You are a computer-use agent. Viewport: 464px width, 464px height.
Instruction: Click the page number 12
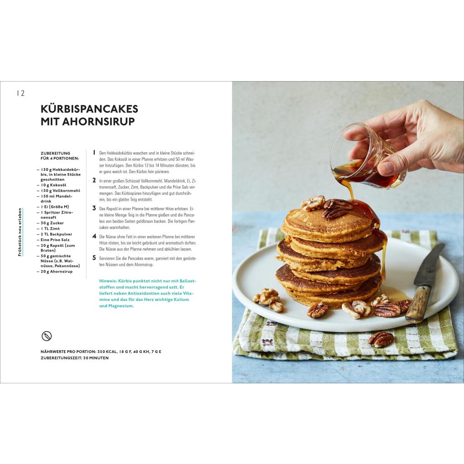(x=21, y=93)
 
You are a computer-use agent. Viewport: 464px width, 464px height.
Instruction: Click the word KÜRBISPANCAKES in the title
(x=89, y=109)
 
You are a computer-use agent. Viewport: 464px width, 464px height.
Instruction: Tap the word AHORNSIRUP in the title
(x=98, y=121)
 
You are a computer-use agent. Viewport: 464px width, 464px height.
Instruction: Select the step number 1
(x=94, y=152)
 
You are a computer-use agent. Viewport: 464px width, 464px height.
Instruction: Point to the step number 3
(x=94, y=208)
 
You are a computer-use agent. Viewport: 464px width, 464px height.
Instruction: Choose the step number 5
(x=94, y=258)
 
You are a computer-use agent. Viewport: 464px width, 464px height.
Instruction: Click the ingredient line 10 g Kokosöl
(x=53, y=185)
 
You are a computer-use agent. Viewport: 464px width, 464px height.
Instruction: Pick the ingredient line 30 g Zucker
(x=52, y=223)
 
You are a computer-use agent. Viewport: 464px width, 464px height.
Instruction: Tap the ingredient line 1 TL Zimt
(x=50, y=228)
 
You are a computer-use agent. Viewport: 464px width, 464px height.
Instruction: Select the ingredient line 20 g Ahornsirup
(x=56, y=271)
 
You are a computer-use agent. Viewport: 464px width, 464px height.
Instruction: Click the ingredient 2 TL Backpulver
(x=56, y=234)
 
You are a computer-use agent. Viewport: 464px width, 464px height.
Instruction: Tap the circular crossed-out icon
(x=47, y=336)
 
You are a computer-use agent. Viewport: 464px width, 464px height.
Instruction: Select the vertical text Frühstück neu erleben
(x=20, y=232)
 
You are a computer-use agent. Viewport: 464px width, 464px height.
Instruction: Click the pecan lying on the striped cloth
(x=381, y=339)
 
